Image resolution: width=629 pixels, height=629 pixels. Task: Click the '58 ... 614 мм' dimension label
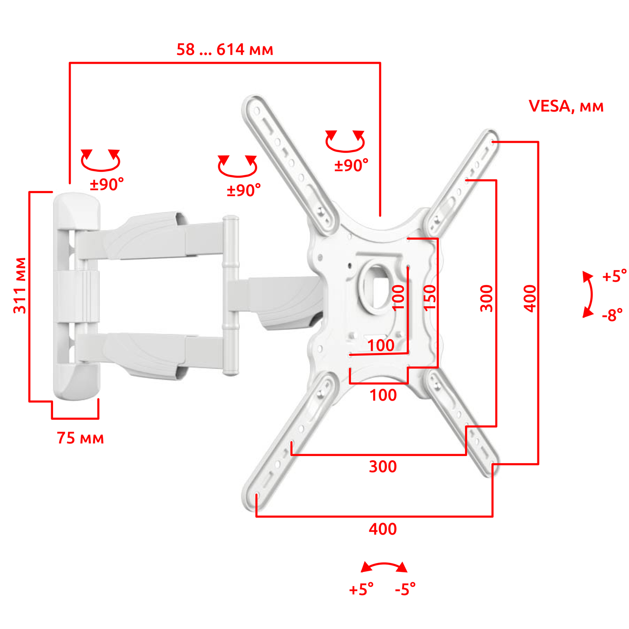point(224,50)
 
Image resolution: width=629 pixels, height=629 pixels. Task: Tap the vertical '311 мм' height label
point(20,285)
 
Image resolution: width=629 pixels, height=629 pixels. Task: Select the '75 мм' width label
point(80,438)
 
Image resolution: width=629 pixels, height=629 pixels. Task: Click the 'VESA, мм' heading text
point(566,106)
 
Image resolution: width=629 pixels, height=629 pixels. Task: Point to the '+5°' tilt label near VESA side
point(614,276)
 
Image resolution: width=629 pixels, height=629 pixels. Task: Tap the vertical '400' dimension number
point(530,299)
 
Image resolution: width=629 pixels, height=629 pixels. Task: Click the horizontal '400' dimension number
point(383,529)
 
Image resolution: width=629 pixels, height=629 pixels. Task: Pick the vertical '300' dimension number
point(487,299)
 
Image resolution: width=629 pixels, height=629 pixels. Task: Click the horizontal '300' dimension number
point(383,467)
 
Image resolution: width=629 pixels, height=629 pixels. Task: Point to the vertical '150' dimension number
point(430,298)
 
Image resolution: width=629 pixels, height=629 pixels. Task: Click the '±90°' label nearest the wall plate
point(107,184)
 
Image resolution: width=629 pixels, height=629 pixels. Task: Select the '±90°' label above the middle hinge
point(243,190)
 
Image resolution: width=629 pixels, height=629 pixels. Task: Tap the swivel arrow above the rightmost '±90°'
point(345,142)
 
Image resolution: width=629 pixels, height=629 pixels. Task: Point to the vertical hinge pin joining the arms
point(230,295)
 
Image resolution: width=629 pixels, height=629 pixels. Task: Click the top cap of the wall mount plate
point(76,210)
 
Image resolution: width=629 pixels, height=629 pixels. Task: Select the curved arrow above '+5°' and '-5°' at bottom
point(384,566)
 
